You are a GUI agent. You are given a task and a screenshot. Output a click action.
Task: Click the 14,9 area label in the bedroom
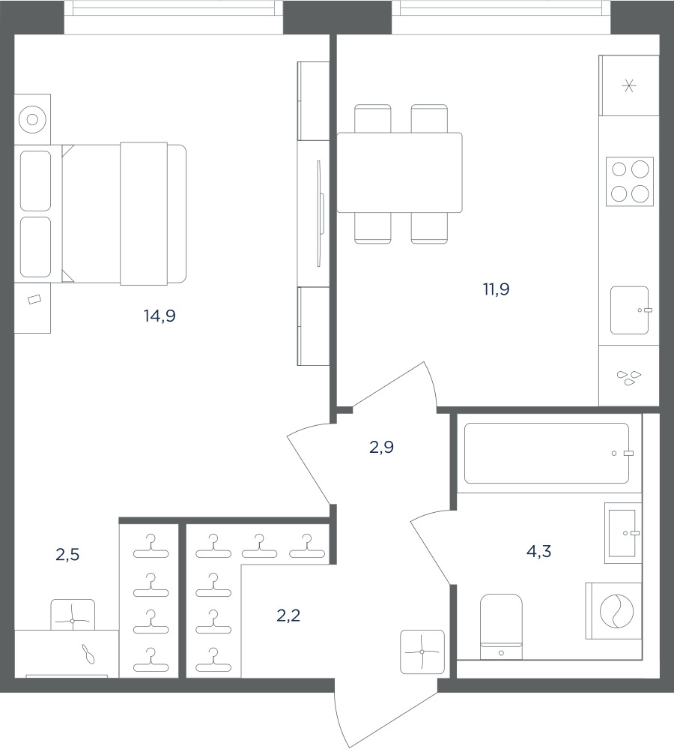tap(160, 316)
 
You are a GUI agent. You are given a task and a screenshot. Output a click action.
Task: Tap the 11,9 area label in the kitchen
tap(496, 289)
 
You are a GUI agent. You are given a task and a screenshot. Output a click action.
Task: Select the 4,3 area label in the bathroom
tap(538, 552)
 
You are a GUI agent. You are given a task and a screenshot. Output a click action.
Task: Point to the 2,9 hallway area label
tap(382, 447)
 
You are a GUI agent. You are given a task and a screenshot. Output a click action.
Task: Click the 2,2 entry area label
tap(288, 616)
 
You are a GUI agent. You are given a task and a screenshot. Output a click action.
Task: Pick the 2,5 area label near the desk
tap(67, 555)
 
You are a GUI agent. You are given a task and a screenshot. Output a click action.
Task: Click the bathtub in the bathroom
tap(547, 453)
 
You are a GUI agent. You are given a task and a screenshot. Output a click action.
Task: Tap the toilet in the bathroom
tap(501, 627)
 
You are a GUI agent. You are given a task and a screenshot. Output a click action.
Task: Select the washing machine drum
tap(617, 610)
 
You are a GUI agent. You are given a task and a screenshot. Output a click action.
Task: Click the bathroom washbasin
tap(623, 532)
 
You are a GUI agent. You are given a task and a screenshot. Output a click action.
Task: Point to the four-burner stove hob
tap(630, 181)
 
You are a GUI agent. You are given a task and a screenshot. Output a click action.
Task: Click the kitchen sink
tap(630, 310)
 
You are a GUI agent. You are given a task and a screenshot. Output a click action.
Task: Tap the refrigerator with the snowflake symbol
tap(628, 85)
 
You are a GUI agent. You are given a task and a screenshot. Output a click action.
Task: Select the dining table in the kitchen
tap(399, 172)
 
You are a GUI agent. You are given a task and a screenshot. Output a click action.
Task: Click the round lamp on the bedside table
tap(32, 119)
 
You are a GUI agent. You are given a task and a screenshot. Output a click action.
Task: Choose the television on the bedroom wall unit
tap(320, 214)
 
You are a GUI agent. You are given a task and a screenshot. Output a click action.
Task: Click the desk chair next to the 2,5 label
tap(73, 615)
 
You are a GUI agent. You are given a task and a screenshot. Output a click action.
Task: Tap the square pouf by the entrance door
tap(422, 652)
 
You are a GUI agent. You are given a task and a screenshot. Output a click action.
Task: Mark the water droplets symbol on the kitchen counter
tap(628, 378)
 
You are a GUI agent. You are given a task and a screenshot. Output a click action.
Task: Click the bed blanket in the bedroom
tap(144, 214)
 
